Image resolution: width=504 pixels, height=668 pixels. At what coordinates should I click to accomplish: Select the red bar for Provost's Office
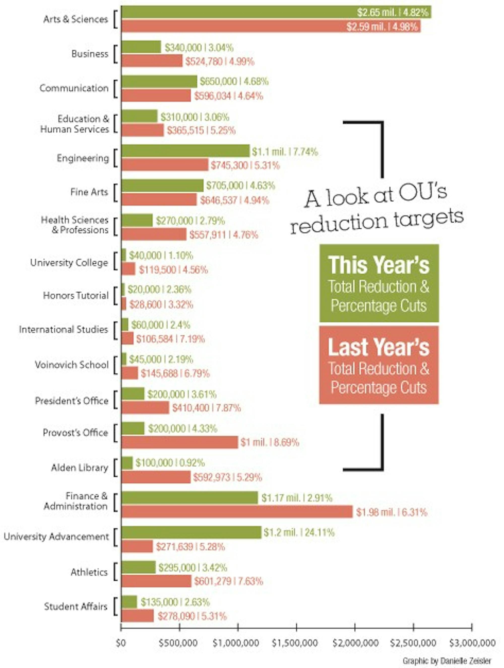[x=179, y=442]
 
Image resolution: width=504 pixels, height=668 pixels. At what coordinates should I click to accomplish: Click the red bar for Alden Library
[x=156, y=477]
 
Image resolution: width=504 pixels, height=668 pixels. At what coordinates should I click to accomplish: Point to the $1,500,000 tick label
[x=295, y=643]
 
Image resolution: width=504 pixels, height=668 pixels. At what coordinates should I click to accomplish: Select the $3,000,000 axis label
[x=472, y=643]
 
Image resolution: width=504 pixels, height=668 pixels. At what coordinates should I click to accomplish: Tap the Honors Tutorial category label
[x=76, y=295]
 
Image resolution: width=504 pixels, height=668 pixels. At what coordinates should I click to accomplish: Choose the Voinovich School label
[x=72, y=365]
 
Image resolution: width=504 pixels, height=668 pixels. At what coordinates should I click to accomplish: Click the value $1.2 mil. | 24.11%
[x=299, y=532]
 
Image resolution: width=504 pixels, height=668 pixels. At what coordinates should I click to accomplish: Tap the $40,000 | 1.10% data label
[x=161, y=256]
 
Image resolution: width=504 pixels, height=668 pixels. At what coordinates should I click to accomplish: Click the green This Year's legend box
[x=379, y=283]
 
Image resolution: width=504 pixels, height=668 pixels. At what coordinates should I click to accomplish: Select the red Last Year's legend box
[x=379, y=365]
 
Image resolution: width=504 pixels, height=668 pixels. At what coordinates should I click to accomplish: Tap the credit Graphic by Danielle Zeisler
[x=447, y=661]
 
